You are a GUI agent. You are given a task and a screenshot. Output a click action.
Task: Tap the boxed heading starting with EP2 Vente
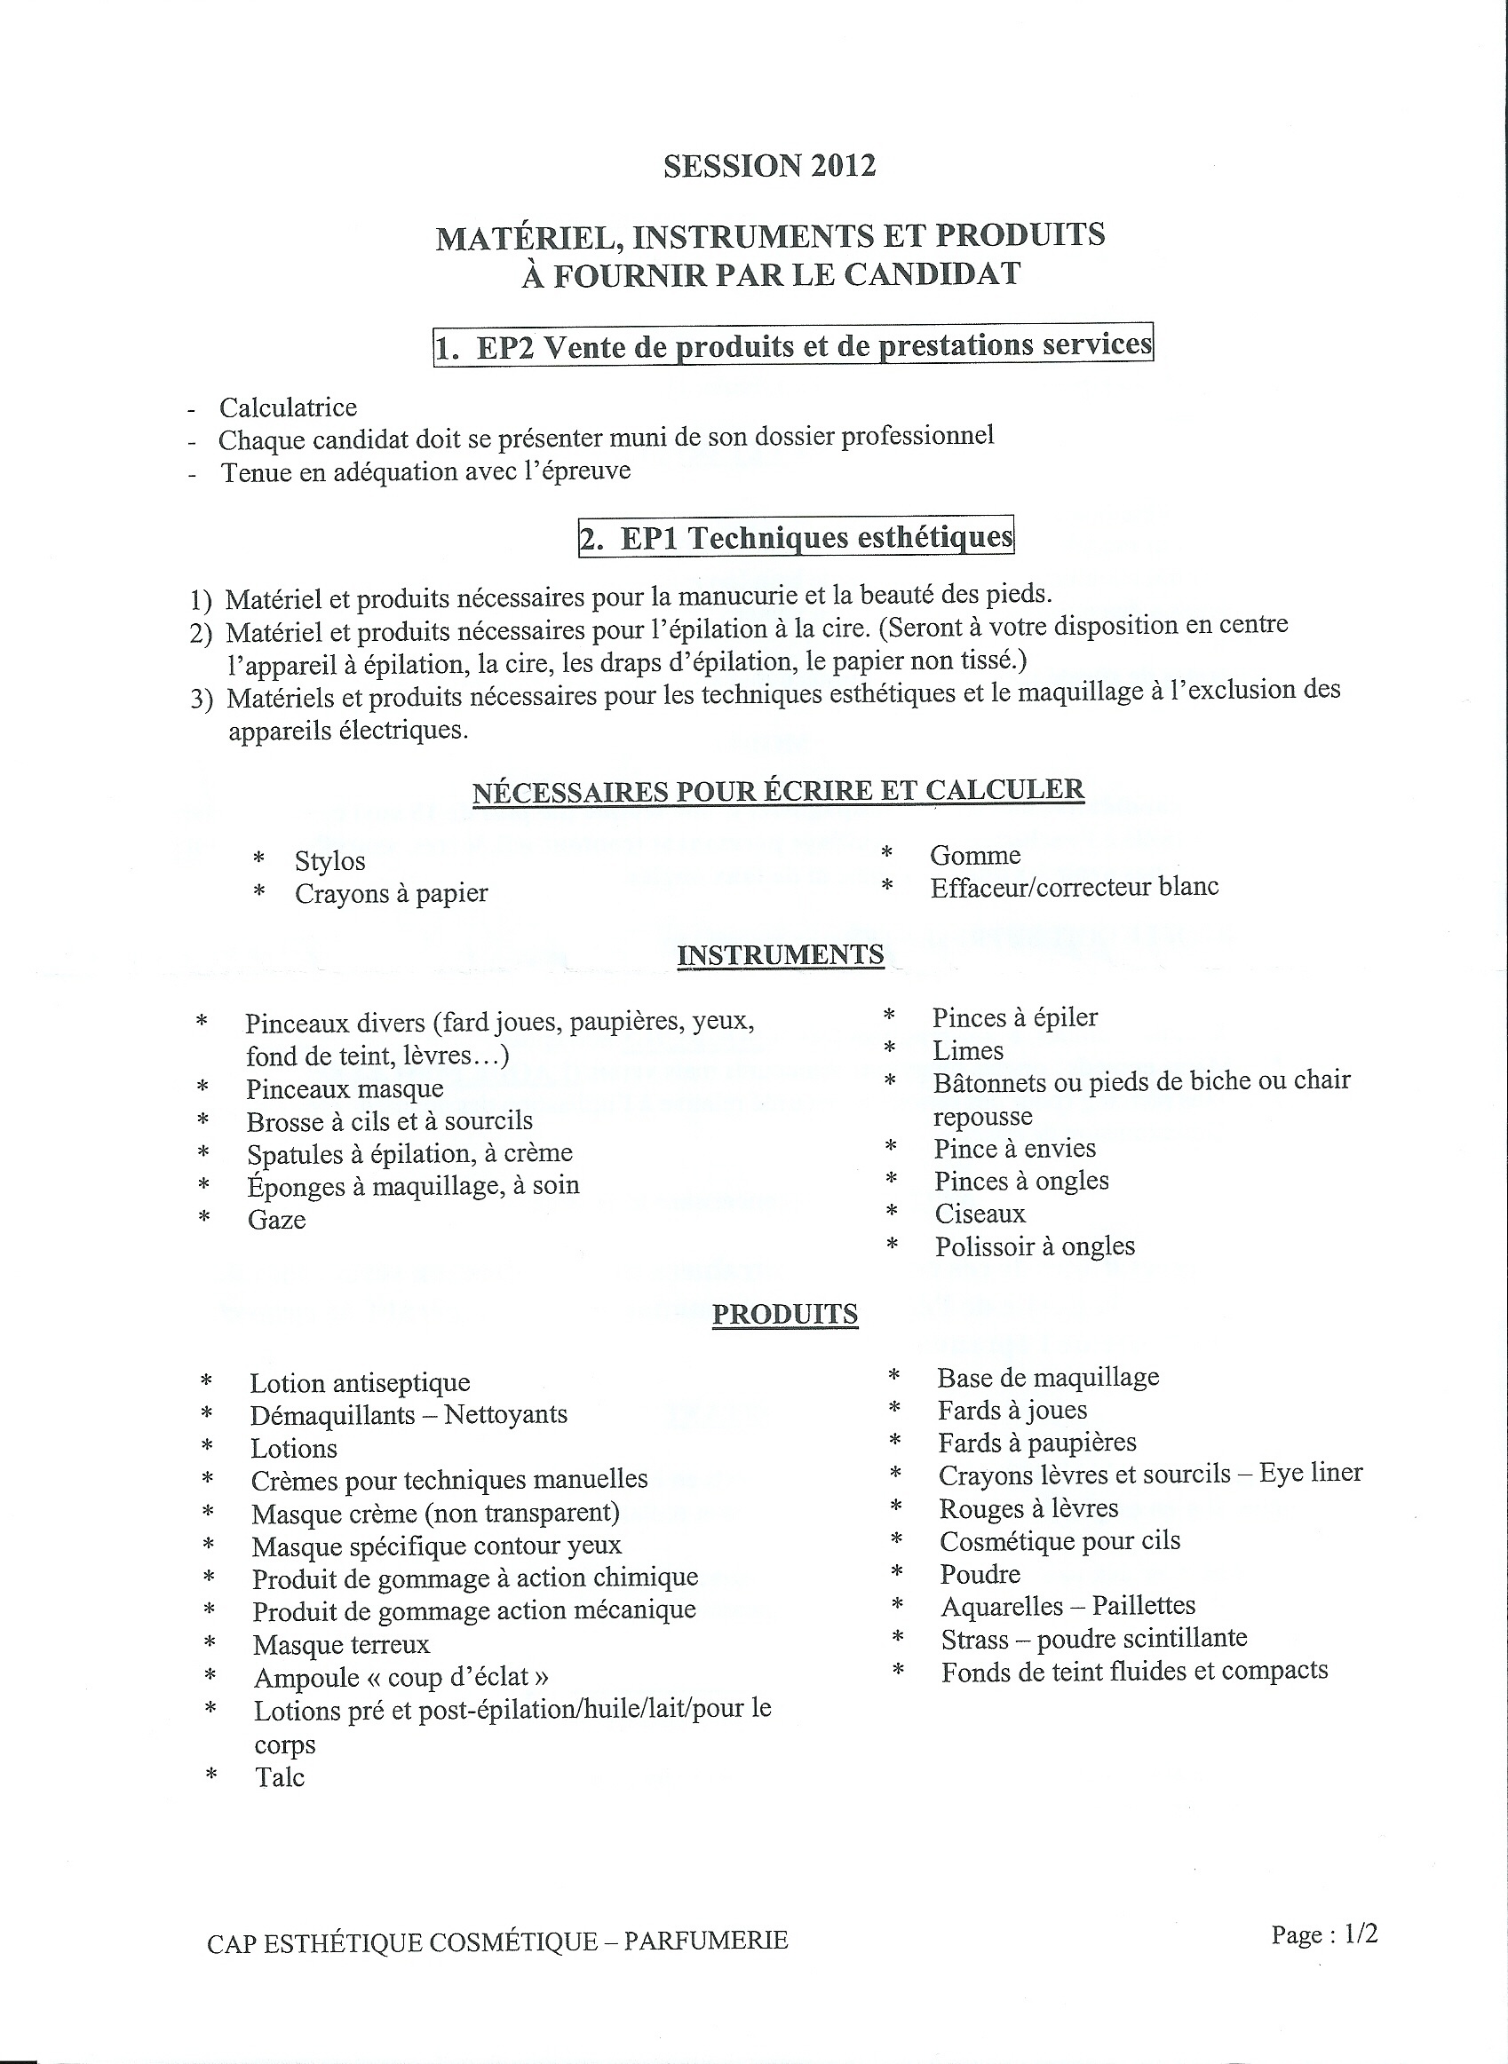(792, 345)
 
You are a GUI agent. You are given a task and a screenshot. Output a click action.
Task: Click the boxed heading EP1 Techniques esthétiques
(796, 536)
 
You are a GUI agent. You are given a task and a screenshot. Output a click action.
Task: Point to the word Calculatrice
(288, 407)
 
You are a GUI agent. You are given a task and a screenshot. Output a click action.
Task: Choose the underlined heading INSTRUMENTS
(781, 954)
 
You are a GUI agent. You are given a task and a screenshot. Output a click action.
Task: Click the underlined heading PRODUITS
(785, 1314)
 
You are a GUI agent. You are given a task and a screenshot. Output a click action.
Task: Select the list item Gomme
(975, 855)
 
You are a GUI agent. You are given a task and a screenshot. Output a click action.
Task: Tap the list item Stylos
(329, 860)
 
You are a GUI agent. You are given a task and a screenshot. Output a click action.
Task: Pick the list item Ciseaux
(980, 1214)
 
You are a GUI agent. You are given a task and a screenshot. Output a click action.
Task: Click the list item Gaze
(276, 1220)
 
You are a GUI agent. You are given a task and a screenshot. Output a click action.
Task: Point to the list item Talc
(280, 1777)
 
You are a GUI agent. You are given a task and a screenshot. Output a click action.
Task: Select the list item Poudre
(980, 1574)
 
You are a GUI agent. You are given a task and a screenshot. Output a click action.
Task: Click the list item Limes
(968, 1050)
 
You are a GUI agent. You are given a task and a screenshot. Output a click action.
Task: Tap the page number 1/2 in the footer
(1360, 1934)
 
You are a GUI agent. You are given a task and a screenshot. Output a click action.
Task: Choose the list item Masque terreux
(340, 1644)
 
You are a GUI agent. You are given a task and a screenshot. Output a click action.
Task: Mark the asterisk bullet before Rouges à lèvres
(896, 1507)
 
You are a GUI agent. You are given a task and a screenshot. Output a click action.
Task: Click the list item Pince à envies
(1014, 1148)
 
